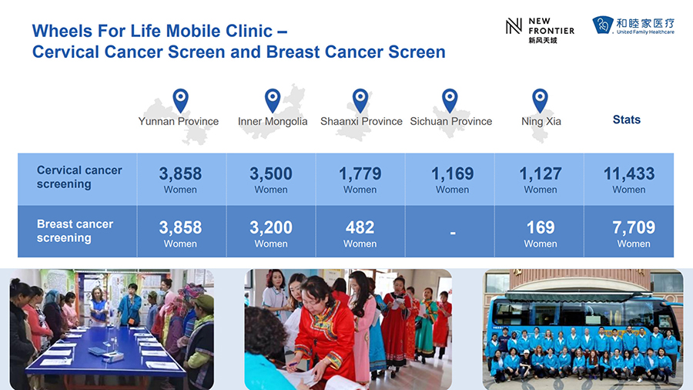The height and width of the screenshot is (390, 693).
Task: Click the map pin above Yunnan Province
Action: pyautogui.click(x=180, y=100)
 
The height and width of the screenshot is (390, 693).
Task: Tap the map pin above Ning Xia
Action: pyautogui.click(x=540, y=100)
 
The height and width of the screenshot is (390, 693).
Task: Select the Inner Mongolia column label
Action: pyautogui.click(x=273, y=121)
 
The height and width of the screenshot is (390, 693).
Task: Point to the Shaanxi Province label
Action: pyautogui.click(x=362, y=121)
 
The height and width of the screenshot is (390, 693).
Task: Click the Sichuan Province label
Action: pyautogui.click(x=450, y=121)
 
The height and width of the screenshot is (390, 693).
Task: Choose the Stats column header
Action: pyautogui.click(x=627, y=119)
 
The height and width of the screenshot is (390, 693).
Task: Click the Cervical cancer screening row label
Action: pyautogui.click(x=79, y=177)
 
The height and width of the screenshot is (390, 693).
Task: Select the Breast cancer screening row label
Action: pyautogui.click(x=75, y=230)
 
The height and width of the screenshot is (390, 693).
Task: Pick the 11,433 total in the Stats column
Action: pyautogui.click(x=629, y=173)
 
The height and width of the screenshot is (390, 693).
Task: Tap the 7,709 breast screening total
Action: pyautogui.click(x=634, y=227)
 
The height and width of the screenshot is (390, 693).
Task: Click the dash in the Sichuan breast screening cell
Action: pyautogui.click(x=453, y=232)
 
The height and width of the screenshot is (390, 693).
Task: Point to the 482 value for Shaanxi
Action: pyautogui.click(x=360, y=227)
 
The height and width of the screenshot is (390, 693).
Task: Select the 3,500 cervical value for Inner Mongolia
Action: pyautogui.click(x=271, y=173)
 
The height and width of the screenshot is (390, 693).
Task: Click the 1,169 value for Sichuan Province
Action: pyautogui.click(x=453, y=173)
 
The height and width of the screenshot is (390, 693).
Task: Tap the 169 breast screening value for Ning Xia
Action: pyautogui.click(x=541, y=227)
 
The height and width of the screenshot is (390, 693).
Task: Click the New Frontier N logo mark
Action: pyautogui.click(x=514, y=26)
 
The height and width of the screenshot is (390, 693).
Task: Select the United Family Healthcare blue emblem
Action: pyautogui.click(x=603, y=25)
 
